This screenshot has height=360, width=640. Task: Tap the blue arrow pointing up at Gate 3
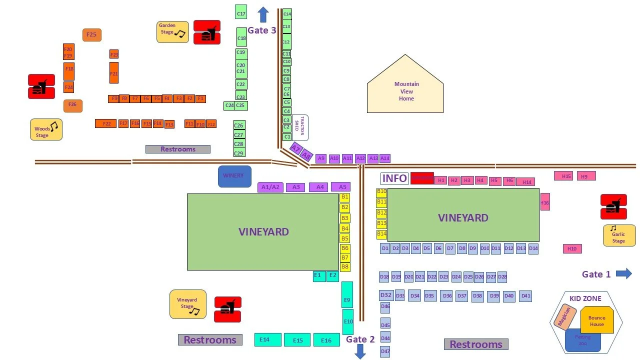click(263, 14)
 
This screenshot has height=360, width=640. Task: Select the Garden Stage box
click(172, 31)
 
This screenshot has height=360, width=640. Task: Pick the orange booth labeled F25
click(91, 35)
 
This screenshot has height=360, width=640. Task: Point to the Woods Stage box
click(46, 129)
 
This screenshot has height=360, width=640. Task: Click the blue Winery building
click(234, 176)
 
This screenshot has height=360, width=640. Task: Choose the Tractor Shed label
click(299, 128)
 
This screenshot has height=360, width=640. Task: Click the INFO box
click(394, 178)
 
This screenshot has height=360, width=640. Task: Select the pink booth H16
click(545, 202)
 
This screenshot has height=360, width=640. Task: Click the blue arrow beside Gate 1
click(624, 273)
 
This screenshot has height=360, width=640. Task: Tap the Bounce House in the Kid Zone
click(597, 320)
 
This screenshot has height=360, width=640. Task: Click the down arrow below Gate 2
click(360, 351)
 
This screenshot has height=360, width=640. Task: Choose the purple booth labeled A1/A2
click(270, 187)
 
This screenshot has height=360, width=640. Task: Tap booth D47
click(385, 351)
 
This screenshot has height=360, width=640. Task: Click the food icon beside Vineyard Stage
click(227, 309)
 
